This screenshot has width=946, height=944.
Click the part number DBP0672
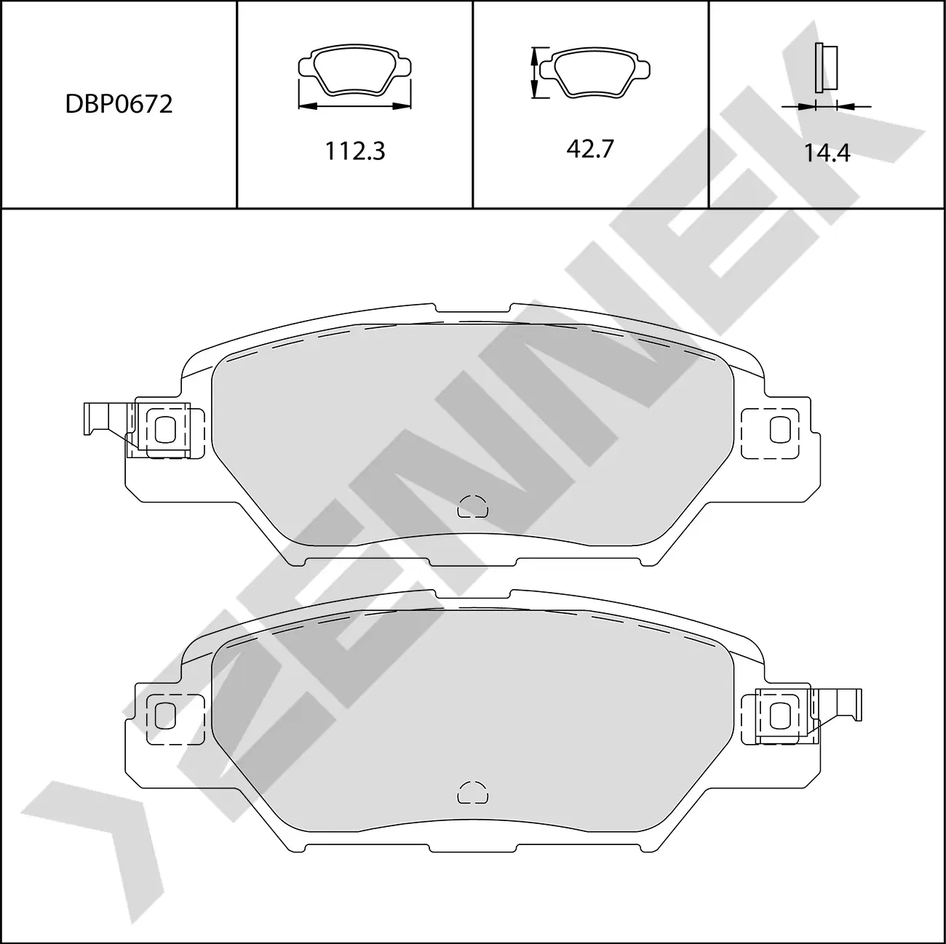pos(119,105)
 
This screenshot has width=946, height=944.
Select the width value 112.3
pos(354,151)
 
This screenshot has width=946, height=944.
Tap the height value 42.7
pos(590,149)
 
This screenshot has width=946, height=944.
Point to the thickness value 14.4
pos(827,153)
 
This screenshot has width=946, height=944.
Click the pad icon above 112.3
pos(354,71)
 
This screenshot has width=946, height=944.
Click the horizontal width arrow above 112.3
pos(354,106)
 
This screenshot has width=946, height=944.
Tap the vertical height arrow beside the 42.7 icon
pos(535,72)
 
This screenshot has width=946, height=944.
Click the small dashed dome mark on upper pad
pos(472,506)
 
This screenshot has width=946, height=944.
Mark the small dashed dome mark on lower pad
pos(472,793)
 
